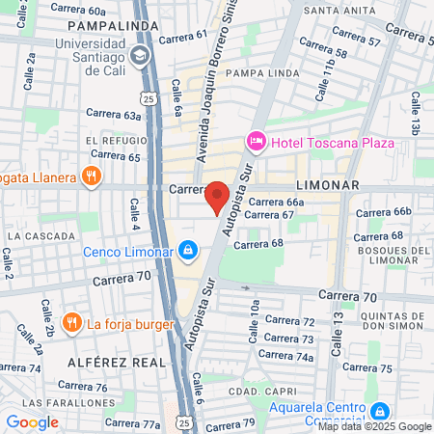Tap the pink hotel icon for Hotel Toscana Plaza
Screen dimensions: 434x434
point(257,143)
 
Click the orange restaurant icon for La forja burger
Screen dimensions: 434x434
point(71,323)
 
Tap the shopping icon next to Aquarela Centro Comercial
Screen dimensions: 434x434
point(382,410)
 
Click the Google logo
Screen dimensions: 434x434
point(32,421)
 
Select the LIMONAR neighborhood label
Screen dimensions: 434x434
point(328,185)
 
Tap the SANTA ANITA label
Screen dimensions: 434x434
point(339,11)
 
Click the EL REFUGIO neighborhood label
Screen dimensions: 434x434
point(107,141)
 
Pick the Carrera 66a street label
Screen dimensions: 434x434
point(277,203)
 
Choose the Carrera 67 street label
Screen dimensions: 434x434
point(269,214)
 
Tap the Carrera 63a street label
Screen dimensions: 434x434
point(120,115)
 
